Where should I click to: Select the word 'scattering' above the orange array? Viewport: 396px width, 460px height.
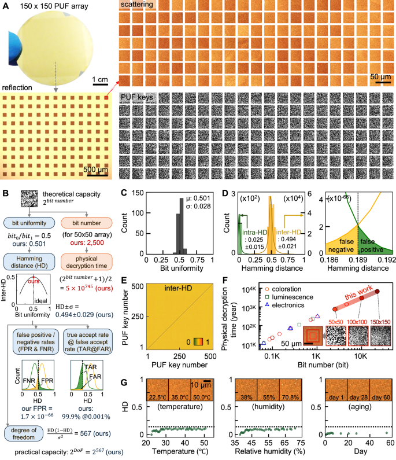[138, 5]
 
